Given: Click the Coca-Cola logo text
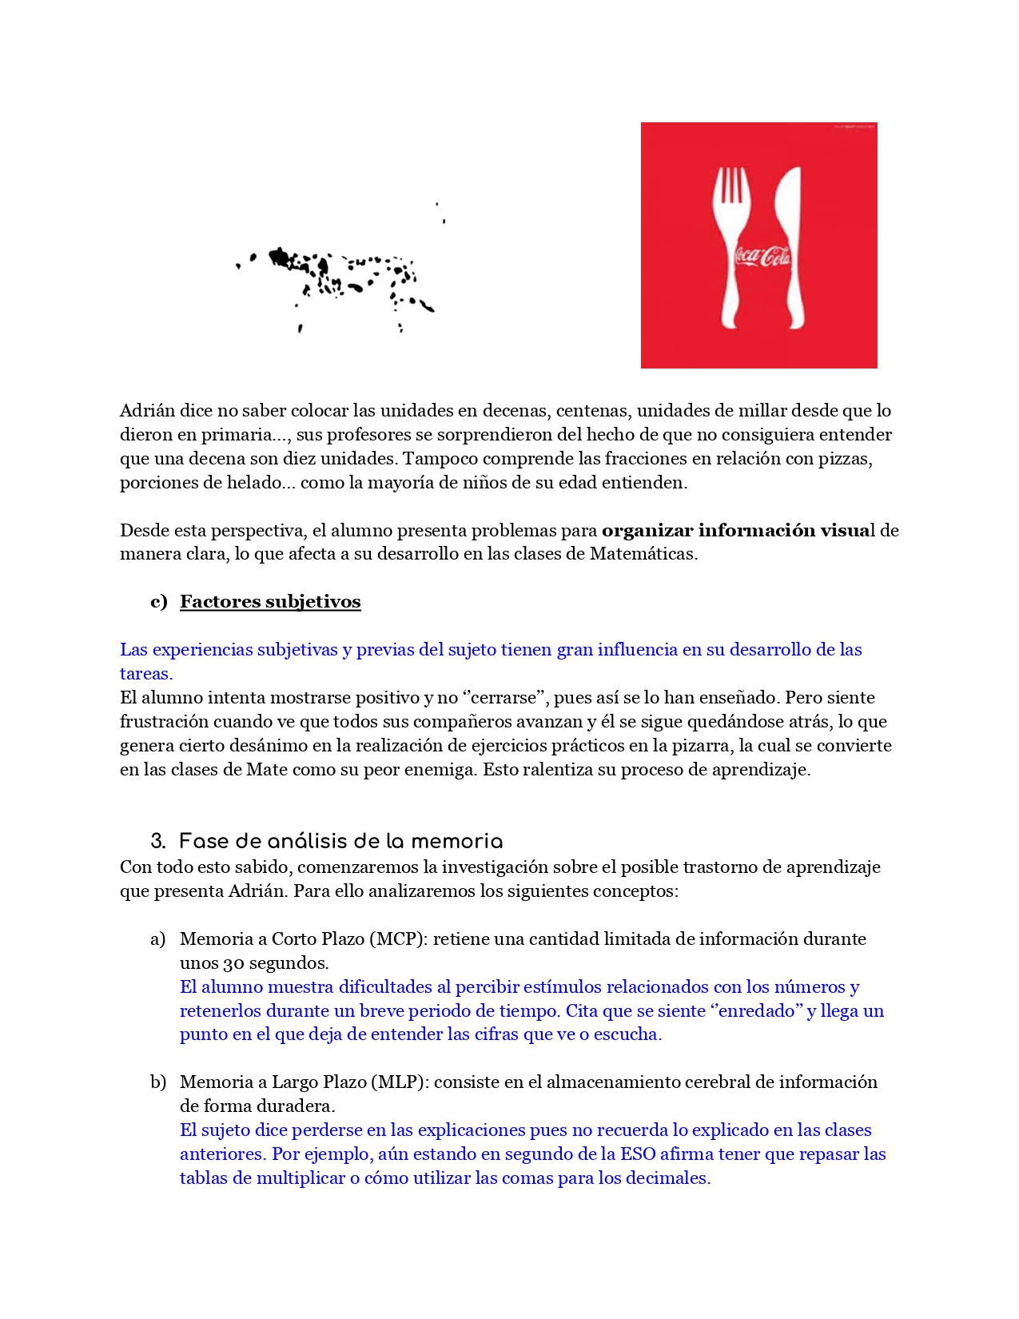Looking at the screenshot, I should coord(762,257).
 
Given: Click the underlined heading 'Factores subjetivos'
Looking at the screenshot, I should coord(270,602).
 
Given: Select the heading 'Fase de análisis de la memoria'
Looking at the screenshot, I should coord(341,842).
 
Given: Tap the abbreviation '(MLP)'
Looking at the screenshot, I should coord(399,1082).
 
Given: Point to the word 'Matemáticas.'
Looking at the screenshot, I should coord(643,554).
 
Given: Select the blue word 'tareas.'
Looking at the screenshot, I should coord(146,674).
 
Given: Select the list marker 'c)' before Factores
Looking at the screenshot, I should coord(159,602).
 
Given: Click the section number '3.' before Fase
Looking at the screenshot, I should coord(158,842).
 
